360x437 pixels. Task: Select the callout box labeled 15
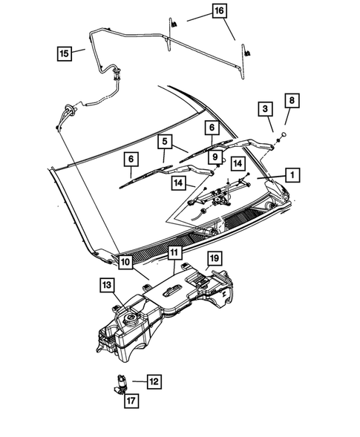click(65, 53)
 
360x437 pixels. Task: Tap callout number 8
click(292, 99)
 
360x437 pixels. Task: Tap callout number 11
click(174, 252)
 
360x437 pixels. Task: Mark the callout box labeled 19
click(213, 258)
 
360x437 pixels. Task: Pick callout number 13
click(107, 285)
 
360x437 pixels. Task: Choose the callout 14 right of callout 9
click(238, 162)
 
